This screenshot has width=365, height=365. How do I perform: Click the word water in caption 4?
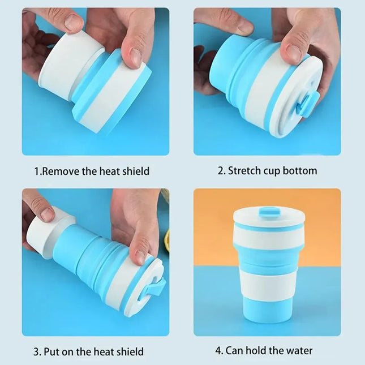point(299,350)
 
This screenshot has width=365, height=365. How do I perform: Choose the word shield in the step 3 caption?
point(128,351)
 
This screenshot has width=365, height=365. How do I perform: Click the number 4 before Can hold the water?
point(218,350)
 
